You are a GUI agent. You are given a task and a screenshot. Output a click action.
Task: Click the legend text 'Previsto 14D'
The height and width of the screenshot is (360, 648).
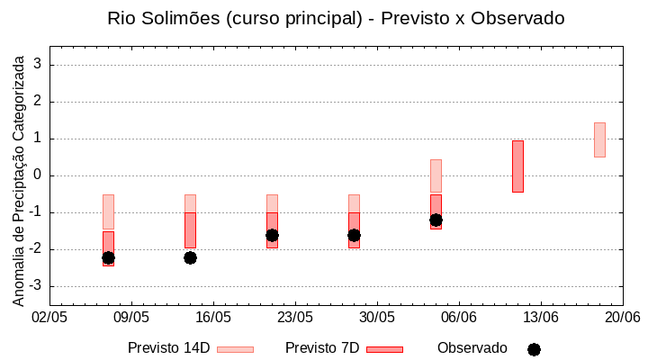168,348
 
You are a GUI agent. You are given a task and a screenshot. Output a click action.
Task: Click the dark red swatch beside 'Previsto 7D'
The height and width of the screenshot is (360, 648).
384,349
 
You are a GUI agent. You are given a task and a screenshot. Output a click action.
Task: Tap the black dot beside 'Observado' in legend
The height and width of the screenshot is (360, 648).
534,349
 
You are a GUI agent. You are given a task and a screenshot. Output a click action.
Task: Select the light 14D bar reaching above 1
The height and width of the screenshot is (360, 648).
599,139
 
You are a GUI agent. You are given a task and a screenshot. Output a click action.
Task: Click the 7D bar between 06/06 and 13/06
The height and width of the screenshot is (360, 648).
517,166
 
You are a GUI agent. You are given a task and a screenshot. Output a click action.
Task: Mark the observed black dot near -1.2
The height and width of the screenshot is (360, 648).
436,220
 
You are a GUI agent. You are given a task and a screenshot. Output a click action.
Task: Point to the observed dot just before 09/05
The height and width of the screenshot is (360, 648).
108,257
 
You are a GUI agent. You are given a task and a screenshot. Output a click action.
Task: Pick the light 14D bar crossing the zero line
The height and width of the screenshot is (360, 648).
436,176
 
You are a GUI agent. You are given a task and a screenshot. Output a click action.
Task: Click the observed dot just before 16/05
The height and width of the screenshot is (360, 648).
190,257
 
